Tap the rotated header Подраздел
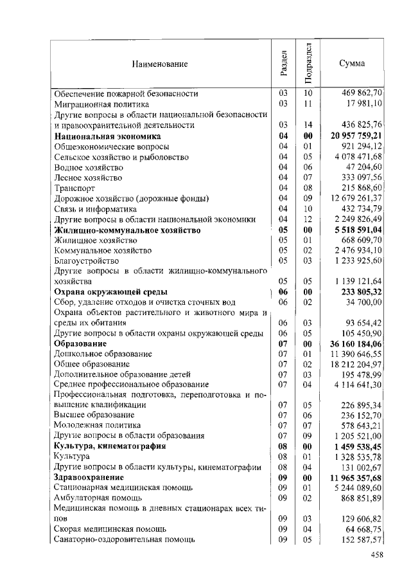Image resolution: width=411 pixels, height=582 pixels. [308, 63]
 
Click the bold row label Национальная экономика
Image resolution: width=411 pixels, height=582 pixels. [107, 136]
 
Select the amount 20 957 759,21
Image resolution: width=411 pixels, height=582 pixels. [356, 136]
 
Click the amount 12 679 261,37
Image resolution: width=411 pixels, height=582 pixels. [356, 198]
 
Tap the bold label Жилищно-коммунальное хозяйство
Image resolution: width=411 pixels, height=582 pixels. [128, 230]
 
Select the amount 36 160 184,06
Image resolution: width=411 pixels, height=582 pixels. [356, 343]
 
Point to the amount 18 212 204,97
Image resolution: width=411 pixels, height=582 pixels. [356, 364]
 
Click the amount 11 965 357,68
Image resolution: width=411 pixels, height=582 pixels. [356, 478]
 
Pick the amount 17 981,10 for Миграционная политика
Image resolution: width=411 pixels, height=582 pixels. [364, 104]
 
